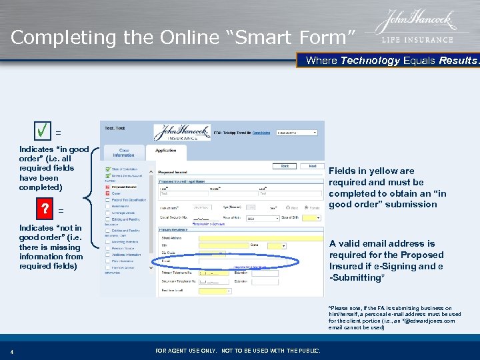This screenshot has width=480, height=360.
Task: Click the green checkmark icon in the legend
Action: tap(45, 131)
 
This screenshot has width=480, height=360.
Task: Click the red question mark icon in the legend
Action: tap(45, 209)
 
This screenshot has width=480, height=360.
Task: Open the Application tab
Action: tap(166, 151)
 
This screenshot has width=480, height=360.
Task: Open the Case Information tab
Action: tap(124, 152)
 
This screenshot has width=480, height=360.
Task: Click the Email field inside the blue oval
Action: tap(220, 262)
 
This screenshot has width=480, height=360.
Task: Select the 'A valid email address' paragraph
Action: tap(386, 260)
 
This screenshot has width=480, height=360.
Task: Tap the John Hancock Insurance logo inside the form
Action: tap(182, 132)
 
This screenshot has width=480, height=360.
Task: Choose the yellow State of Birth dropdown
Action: tap(311, 218)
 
